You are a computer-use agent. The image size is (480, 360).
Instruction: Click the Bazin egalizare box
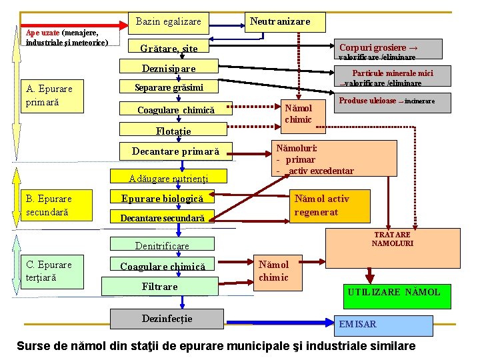[x=168, y=22]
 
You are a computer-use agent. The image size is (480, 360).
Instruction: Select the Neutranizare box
[x=280, y=22]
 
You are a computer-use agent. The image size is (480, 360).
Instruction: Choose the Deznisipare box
[x=168, y=68]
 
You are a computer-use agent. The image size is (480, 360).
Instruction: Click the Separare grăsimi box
[x=168, y=87]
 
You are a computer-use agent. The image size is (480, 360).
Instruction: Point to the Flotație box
[x=173, y=131]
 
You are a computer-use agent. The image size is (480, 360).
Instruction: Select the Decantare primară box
[x=175, y=151]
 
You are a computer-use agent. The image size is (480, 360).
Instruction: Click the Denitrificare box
[x=162, y=245]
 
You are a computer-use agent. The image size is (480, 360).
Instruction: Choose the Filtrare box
[x=159, y=287]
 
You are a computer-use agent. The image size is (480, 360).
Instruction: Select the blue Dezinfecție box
[x=167, y=319]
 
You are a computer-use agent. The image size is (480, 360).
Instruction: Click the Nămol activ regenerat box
[x=331, y=205]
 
